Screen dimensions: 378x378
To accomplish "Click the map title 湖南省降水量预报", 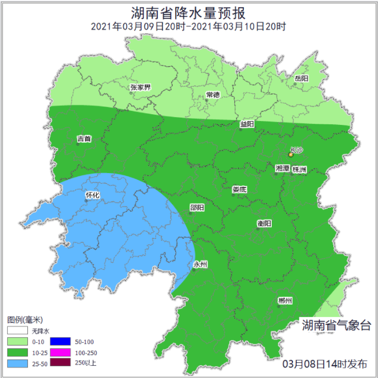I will [188, 12].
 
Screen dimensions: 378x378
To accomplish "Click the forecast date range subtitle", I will [188, 26].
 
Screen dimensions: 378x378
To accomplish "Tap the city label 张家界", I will [140, 87].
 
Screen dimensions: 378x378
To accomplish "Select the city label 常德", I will [212, 95].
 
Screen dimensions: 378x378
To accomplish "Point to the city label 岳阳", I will [301, 78].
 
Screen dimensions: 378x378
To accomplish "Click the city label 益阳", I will [247, 124].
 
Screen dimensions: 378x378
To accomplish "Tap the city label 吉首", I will [84, 138].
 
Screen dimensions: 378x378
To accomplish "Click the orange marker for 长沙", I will [291, 154].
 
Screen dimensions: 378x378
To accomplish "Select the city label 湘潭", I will [282, 169].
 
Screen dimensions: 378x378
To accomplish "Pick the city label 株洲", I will [299, 169].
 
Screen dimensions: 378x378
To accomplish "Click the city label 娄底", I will [239, 189].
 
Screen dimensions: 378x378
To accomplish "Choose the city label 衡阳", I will [264, 223].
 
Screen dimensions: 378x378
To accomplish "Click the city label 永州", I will [200, 264].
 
